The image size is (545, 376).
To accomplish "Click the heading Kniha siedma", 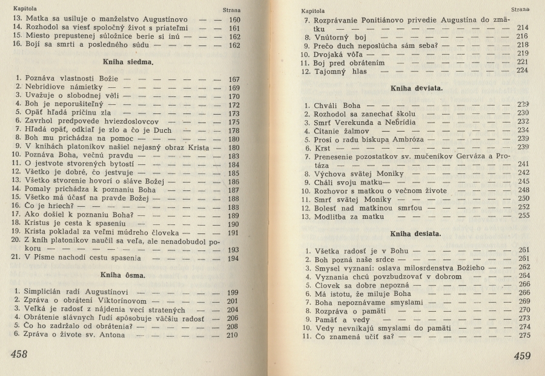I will click(127, 61).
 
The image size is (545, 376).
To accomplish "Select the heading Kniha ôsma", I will click(127, 275).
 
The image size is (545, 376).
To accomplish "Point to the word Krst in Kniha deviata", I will click(322, 147).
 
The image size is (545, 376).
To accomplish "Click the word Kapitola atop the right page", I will click(313, 10).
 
